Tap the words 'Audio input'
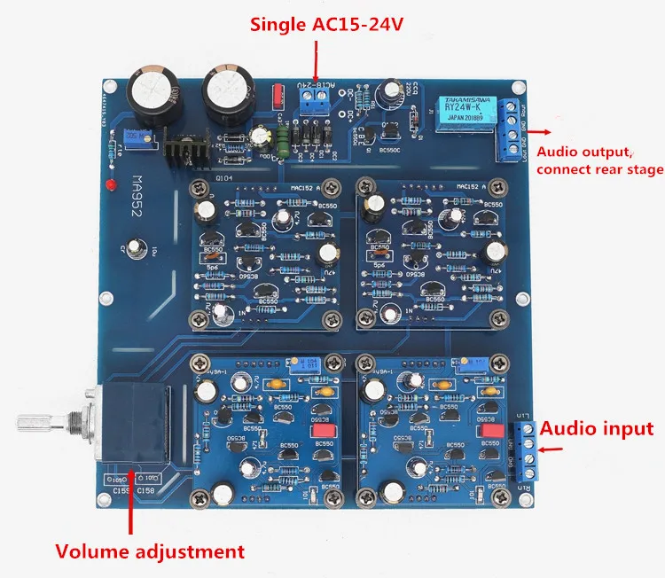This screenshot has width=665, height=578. tap(597, 429)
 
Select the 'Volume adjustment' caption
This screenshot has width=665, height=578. tap(150, 551)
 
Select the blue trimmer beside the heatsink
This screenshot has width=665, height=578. tap(137, 136)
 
